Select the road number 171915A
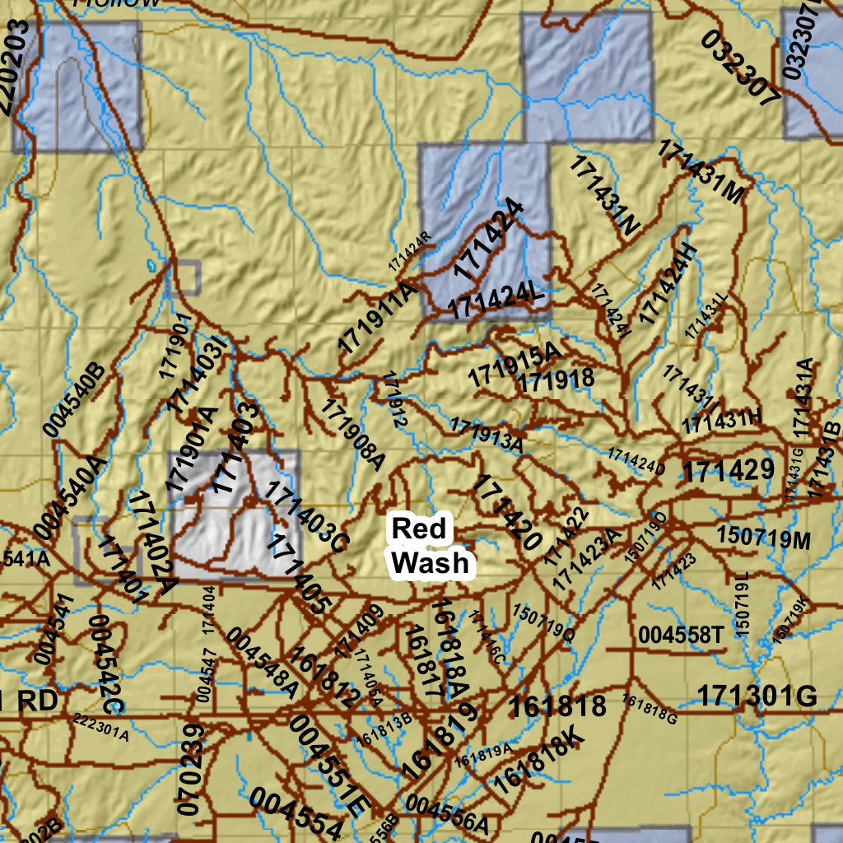click(514, 366)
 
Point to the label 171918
click(557, 380)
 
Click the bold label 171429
click(729, 471)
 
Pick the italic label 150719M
click(763, 536)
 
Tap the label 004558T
click(680, 635)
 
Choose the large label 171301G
click(757, 696)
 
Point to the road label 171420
click(505, 513)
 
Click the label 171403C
click(307, 519)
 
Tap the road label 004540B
click(75, 398)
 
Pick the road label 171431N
click(604, 195)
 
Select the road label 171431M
click(701, 172)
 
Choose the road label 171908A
click(353, 434)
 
